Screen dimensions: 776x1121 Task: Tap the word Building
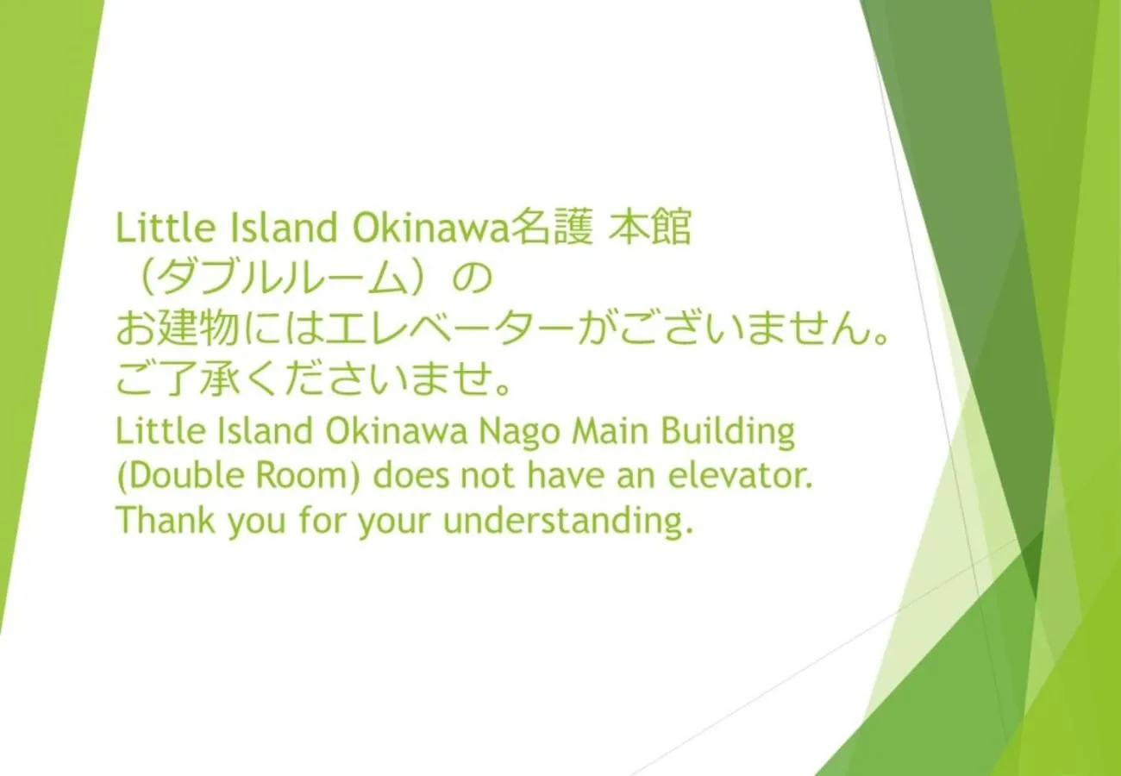[729, 433]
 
